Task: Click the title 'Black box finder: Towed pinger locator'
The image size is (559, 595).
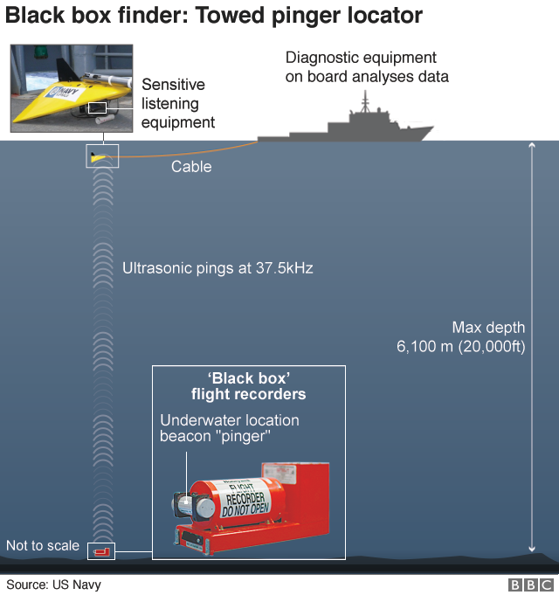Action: [214, 15]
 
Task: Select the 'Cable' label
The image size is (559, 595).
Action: [191, 166]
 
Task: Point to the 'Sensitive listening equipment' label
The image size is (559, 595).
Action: [178, 103]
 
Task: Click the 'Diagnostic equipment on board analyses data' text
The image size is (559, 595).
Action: [367, 67]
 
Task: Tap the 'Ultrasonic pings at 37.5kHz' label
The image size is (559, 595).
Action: [217, 268]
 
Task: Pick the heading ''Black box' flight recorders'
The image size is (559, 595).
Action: [249, 385]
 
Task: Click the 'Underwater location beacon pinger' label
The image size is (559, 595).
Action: [229, 428]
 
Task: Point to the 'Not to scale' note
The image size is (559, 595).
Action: [43, 546]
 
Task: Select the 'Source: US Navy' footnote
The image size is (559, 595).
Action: [53, 585]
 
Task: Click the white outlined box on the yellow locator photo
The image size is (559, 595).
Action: [98, 107]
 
